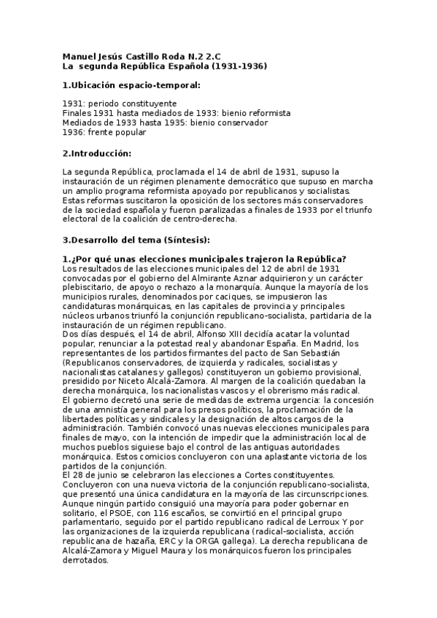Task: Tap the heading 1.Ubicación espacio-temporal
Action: [131, 85]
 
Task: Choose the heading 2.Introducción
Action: [97, 152]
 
